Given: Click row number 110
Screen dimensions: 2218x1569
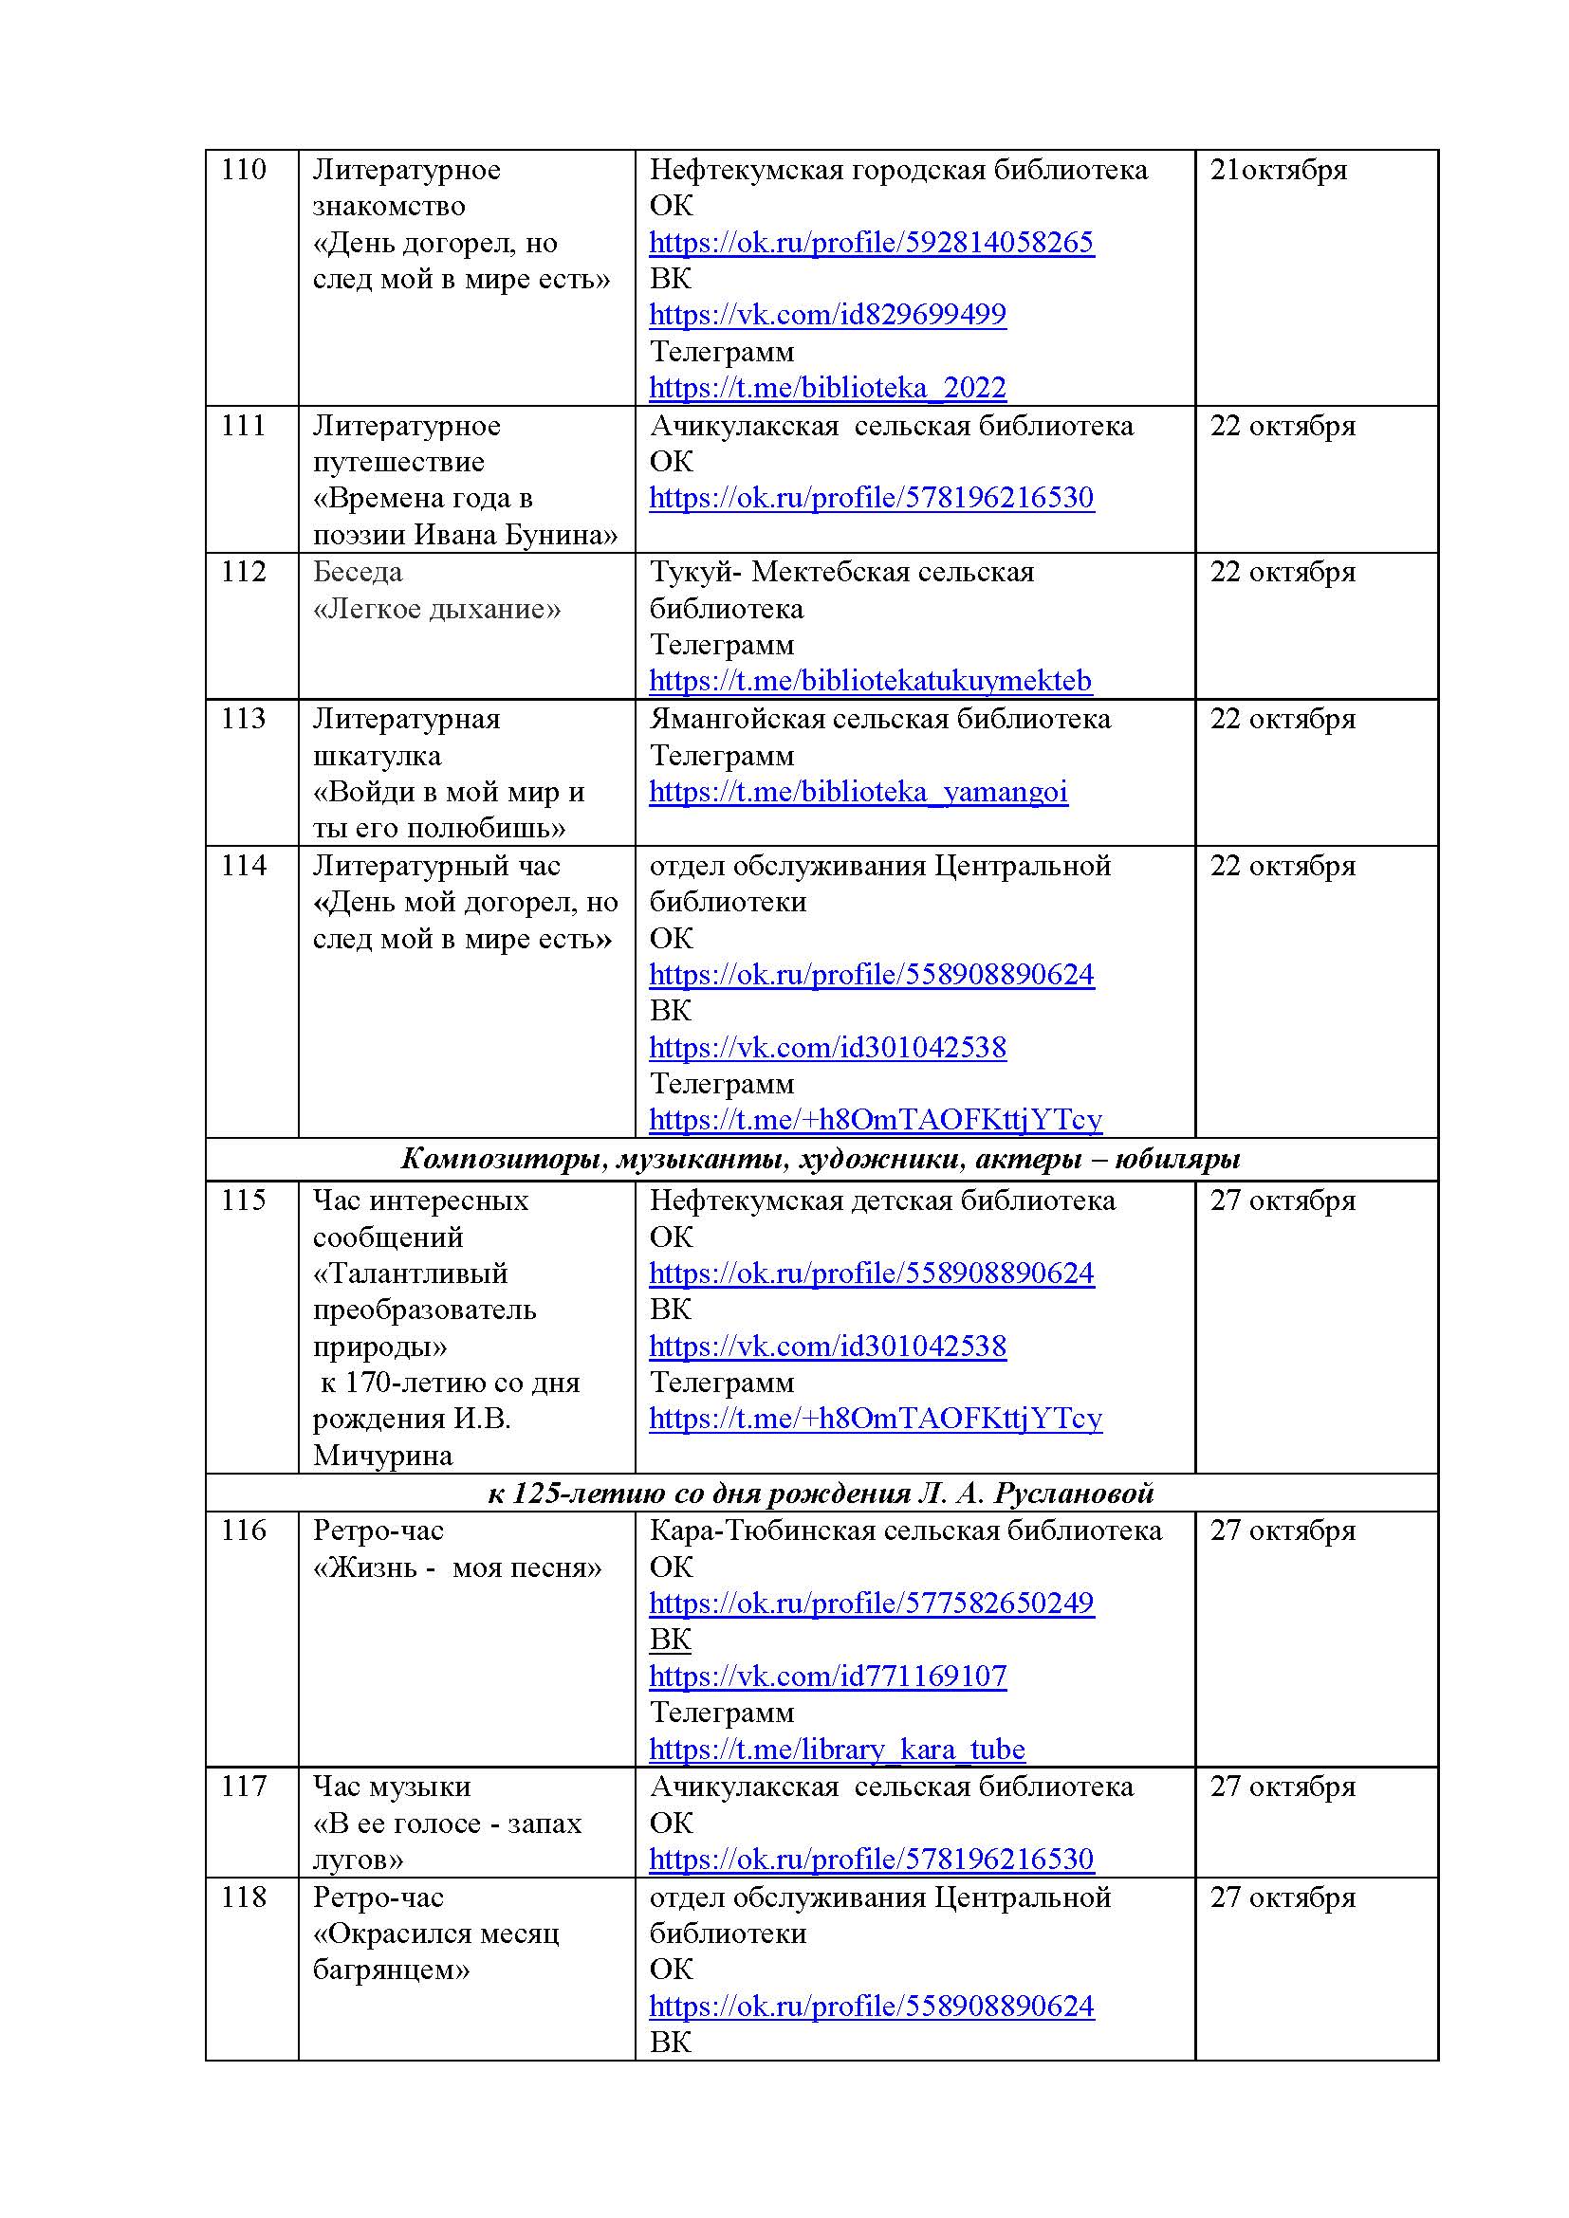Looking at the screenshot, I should [x=243, y=170].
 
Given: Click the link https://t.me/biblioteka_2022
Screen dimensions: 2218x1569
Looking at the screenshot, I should [x=827, y=388].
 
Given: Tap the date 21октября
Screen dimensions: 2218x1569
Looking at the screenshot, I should [x=1277, y=170].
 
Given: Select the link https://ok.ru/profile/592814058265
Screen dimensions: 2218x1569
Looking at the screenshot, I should [x=871, y=242].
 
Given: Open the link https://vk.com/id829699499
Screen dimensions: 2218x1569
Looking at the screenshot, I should [x=827, y=314].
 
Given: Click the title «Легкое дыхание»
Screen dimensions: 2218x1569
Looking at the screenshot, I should [x=436, y=609].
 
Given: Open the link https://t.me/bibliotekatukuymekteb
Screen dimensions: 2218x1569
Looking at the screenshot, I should [x=870, y=681].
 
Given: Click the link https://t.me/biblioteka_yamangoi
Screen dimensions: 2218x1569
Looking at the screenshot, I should [x=858, y=792].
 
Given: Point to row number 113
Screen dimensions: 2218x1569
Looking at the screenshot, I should [x=243, y=719].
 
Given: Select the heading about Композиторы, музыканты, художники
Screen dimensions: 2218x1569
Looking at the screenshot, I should [x=821, y=1158].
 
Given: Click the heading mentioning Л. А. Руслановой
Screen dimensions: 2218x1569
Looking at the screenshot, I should [x=821, y=1494].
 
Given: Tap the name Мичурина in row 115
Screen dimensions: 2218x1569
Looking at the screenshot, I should [x=382, y=1456].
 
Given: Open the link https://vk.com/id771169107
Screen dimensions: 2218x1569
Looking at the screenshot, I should [x=827, y=1676].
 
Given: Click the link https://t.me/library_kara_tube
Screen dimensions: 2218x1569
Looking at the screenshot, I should [x=837, y=1750].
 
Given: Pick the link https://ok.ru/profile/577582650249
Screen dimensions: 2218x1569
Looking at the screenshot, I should [x=871, y=1604].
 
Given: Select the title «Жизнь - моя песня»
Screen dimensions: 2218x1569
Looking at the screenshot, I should [x=457, y=1567].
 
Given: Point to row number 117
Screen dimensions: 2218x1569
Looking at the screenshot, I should [x=243, y=1787].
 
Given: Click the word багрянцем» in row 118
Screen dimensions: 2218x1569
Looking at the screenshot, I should [x=391, y=1970].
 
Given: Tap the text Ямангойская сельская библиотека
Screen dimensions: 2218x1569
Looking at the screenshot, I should [x=879, y=719].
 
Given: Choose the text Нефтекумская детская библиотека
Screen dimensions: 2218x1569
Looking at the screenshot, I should [x=882, y=1201].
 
